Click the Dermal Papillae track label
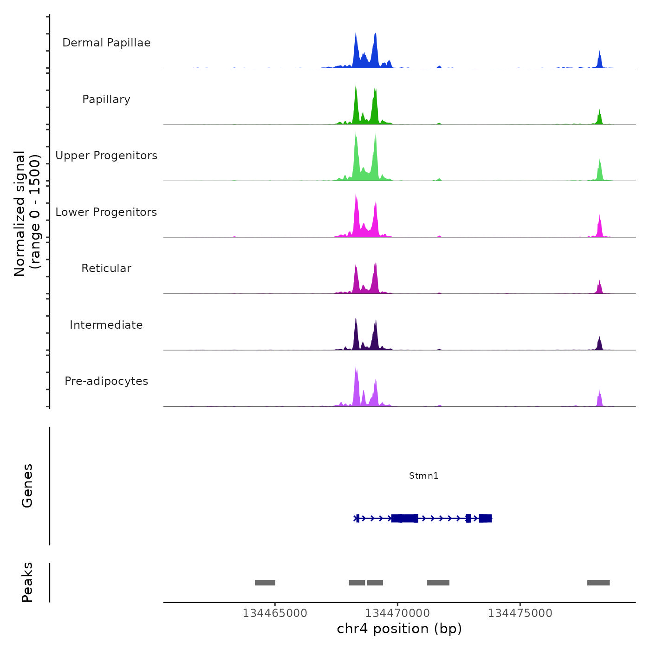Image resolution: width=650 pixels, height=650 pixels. tap(106, 43)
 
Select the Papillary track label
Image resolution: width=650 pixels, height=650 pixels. tap(106, 99)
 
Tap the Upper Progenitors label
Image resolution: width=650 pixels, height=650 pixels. tap(106, 156)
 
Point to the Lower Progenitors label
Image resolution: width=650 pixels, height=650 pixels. tap(106, 212)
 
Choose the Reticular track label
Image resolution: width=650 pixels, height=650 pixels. tap(106, 268)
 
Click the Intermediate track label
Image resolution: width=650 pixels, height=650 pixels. tap(106, 325)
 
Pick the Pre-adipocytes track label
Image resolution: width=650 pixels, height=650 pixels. tap(106, 381)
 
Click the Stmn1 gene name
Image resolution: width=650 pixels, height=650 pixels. tap(423, 475)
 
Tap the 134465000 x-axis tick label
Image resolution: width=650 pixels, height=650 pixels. tap(275, 613)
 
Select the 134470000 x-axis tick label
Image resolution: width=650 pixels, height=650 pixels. tap(397, 613)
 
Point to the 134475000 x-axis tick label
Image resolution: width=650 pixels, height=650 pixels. tap(520, 613)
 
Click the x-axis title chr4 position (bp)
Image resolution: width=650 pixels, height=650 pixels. tap(399, 629)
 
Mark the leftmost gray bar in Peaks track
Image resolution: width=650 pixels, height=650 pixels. tap(265, 583)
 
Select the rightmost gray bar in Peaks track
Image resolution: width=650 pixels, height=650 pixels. tap(598, 583)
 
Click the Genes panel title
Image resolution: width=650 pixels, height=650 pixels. tap(27, 486)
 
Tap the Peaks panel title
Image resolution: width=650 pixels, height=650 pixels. tap(27, 582)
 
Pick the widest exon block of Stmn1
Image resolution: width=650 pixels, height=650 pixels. tap(405, 518)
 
